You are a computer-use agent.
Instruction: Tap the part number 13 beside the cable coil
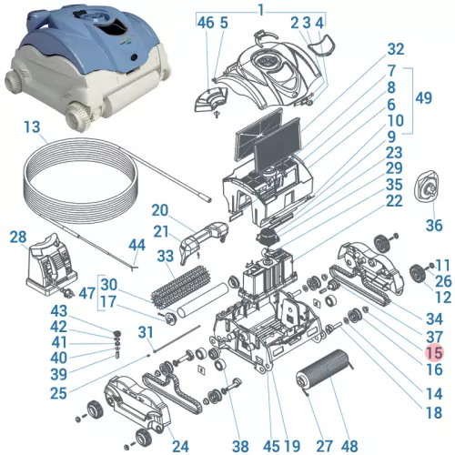pos(33,126)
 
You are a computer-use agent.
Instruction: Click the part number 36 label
pos(433,225)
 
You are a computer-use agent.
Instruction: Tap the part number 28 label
pos(18,238)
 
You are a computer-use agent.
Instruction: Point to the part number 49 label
pos(422,98)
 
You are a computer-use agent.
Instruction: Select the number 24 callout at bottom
pos(180,446)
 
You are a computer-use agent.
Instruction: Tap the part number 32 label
pos(395,49)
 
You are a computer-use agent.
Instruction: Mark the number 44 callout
pos(137,246)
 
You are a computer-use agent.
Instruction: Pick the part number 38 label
pos(240,446)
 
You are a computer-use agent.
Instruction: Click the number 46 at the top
pos(205,23)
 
